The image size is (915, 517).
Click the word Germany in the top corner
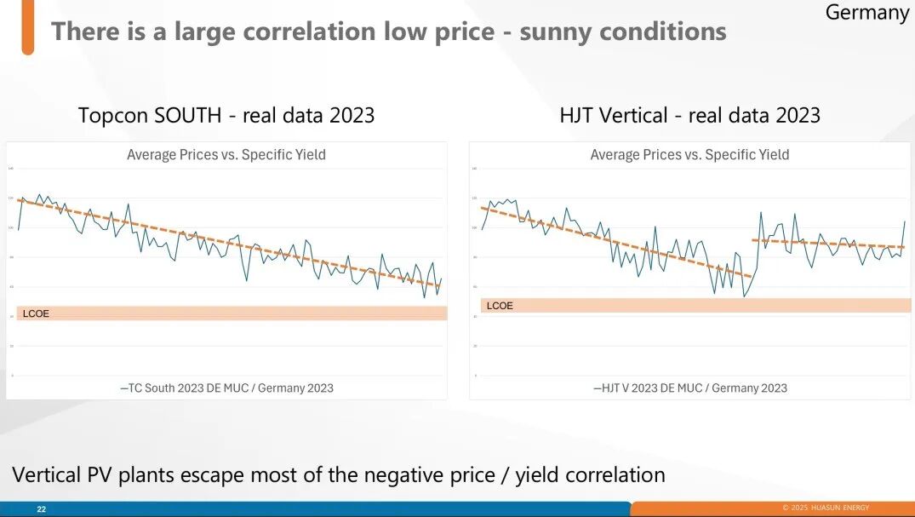click(867, 13)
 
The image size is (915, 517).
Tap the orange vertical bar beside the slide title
click(28, 27)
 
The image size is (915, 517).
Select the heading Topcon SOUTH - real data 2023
click(226, 115)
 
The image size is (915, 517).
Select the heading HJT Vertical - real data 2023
click(689, 115)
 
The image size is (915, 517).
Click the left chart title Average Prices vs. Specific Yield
click(226, 154)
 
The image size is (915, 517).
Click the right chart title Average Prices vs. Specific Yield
click(689, 154)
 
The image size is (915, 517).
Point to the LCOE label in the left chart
click(36, 313)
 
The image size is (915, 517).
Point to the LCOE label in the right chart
click(500, 305)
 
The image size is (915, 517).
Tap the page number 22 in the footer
click(41, 509)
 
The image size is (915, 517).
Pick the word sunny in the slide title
click(558, 32)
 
